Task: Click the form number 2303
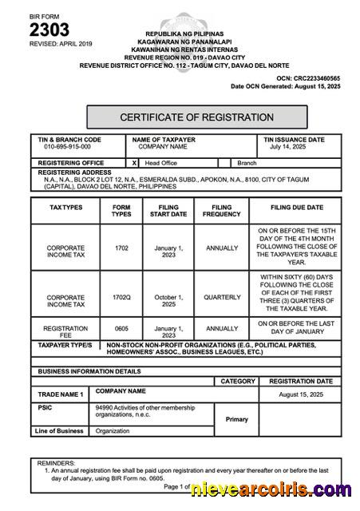pos(49,30)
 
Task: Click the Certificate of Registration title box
pos(196,117)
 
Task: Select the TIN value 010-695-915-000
pos(67,147)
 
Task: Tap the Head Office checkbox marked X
pos(134,162)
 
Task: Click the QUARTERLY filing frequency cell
pos(222,297)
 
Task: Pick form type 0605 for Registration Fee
pos(121,328)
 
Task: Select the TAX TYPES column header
pos(65,207)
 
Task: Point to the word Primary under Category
pos(236,419)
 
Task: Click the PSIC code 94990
pos(105,407)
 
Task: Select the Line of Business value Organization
pos(113,431)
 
